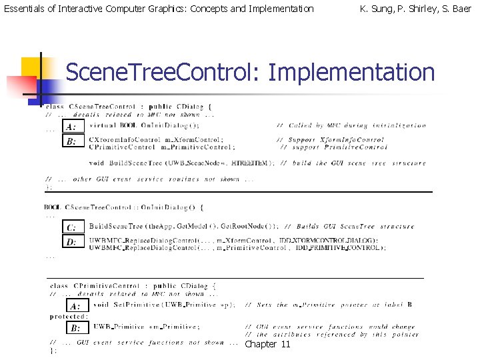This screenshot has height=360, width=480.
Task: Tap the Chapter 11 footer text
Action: click(x=267, y=344)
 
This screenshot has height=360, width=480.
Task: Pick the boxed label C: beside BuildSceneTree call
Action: click(x=71, y=227)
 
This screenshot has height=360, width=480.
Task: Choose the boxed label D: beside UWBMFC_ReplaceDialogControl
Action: click(x=71, y=243)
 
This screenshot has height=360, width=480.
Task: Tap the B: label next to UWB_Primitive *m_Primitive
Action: click(x=76, y=328)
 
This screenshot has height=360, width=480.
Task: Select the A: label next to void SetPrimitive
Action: click(x=76, y=306)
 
